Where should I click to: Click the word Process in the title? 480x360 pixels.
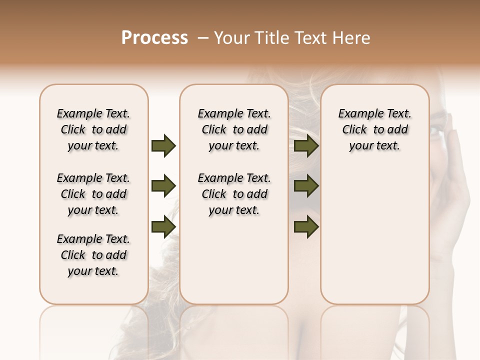154,38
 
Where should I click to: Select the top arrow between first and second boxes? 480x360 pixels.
163,146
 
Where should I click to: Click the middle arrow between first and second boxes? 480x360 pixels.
163,186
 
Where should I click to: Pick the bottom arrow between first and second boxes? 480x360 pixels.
163,226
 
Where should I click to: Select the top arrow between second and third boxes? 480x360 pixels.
306,146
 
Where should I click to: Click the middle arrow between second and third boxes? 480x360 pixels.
306,186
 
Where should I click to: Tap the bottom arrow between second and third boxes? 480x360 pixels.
306,226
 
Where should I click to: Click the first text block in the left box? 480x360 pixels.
93,129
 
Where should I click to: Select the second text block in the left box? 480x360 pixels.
93,194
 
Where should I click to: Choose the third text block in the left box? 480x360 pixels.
93,255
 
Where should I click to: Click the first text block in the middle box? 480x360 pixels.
234,129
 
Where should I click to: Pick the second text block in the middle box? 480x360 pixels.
234,194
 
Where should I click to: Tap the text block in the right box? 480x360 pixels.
374,129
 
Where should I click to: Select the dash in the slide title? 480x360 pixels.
203,38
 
